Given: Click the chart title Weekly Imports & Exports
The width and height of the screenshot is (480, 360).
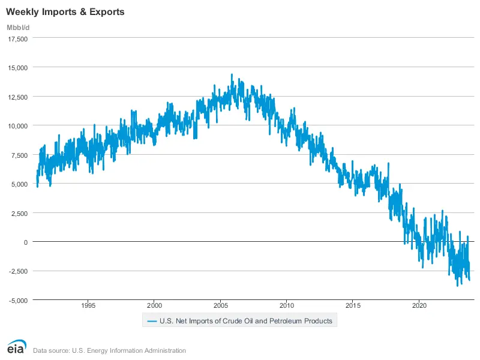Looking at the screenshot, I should click(65, 11).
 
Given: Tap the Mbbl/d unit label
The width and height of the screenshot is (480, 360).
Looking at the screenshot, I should click(17, 28).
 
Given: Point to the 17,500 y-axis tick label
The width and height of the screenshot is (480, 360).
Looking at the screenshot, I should click(17, 38).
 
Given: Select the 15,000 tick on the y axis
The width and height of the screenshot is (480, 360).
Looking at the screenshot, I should click(17, 68).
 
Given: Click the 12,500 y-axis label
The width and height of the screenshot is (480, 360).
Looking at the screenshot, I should click(17, 97).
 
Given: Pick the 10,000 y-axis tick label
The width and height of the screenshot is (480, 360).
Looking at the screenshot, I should click(17, 126).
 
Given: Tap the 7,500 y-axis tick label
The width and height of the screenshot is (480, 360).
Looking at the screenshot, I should click(19, 155).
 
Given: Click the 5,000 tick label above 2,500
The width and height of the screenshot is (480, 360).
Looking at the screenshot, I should click(19, 184).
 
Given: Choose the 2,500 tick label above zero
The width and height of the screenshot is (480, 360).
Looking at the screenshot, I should click(19, 213).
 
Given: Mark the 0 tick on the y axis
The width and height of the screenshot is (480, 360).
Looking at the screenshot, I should click(26, 242).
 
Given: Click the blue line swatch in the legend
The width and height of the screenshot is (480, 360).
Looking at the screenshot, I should click(151, 321).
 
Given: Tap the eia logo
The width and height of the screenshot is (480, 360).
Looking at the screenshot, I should click(15, 347).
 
